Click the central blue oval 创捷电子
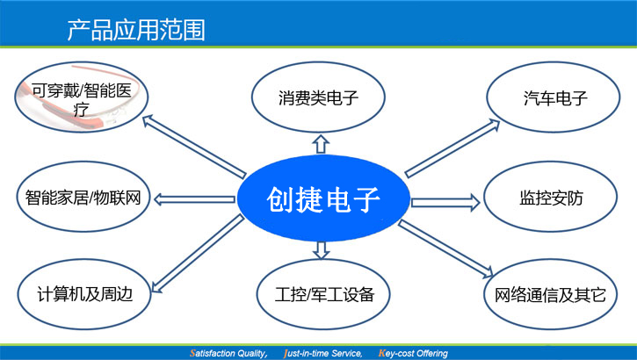[x=323, y=198]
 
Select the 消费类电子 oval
[x=318, y=97]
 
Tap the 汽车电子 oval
[x=554, y=97]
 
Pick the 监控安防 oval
[x=551, y=197]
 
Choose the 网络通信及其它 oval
[x=551, y=295]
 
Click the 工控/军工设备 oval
[x=323, y=295]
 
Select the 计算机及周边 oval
[x=84, y=294]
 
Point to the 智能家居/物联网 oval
[x=83, y=197]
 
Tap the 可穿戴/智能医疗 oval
[x=82, y=97]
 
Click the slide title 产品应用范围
[x=136, y=30]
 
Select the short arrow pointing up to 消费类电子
[x=321, y=144]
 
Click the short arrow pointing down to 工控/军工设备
[x=321, y=250]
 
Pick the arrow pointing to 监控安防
[x=445, y=202]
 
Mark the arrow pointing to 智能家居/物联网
[x=194, y=199]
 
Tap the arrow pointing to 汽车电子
[x=452, y=148]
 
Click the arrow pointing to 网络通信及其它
[x=445, y=249]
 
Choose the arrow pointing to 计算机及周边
[x=198, y=254]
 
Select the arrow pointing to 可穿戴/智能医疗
[x=194, y=147]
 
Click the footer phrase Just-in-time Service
[x=323, y=354]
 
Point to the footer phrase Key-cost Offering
[x=413, y=354]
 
